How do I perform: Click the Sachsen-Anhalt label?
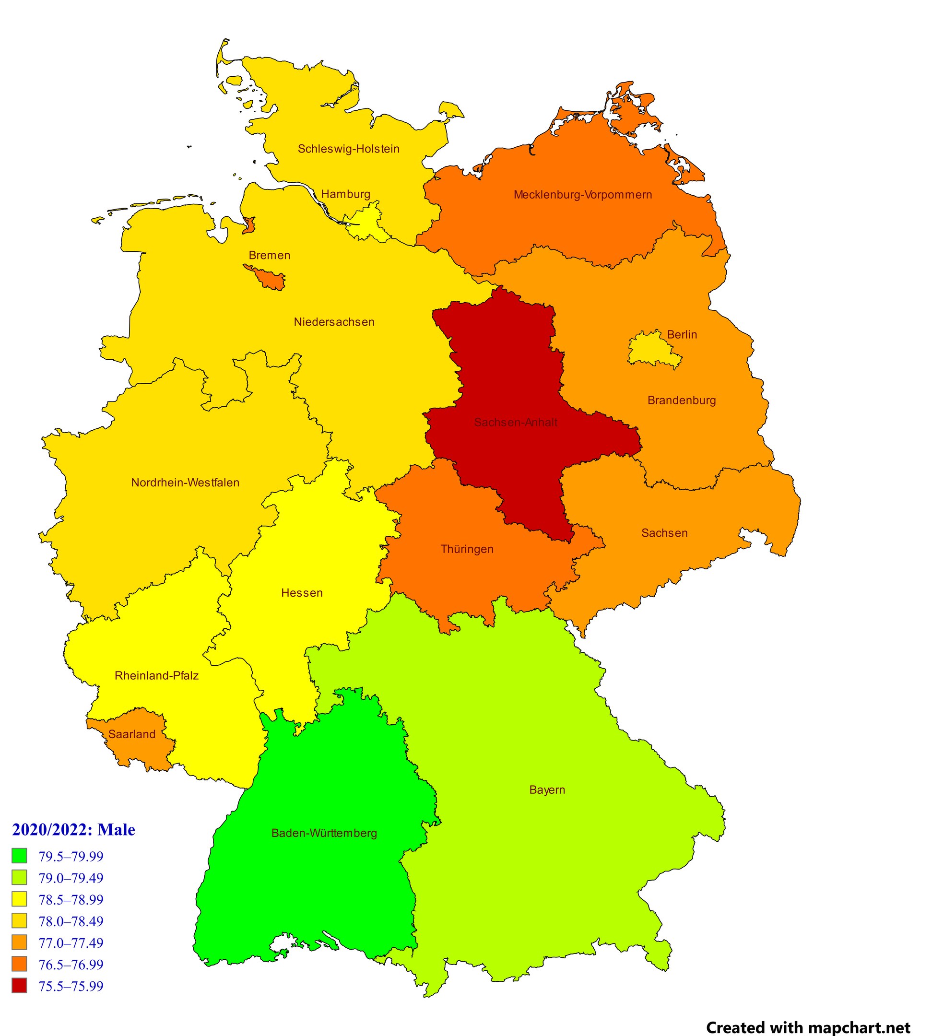pyautogui.click(x=515, y=423)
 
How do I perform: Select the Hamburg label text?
pyautogui.click(x=346, y=194)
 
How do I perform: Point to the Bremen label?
pyautogui.click(x=270, y=255)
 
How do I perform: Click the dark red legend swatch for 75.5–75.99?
pyautogui.click(x=20, y=986)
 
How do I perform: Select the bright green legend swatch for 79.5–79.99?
pyautogui.click(x=20, y=856)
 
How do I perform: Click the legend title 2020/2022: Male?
pyautogui.click(x=74, y=830)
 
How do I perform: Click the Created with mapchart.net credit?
pyautogui.click(x=808, y=1013)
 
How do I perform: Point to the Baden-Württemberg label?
pyautogui.click(x=324, y=833)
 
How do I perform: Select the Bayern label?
pyautogui.click(x=547, y=789)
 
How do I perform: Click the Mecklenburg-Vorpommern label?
pyautogui.click(x=583, y=195)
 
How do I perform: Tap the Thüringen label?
pyautogui.click(x=467, y=549)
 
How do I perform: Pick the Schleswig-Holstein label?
pyautogui.click(x=349, y=149)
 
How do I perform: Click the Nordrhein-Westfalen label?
pyautogui.click(x=185, y=483)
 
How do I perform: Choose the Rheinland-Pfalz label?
pyautogui.click(x=157, y=675)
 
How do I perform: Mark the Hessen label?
pyautogui.click(x=302, y=592)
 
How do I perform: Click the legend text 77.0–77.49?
pyautogui.click(x=71, y=943)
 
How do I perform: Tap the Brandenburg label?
pyautogui.click(x=682, y=400)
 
